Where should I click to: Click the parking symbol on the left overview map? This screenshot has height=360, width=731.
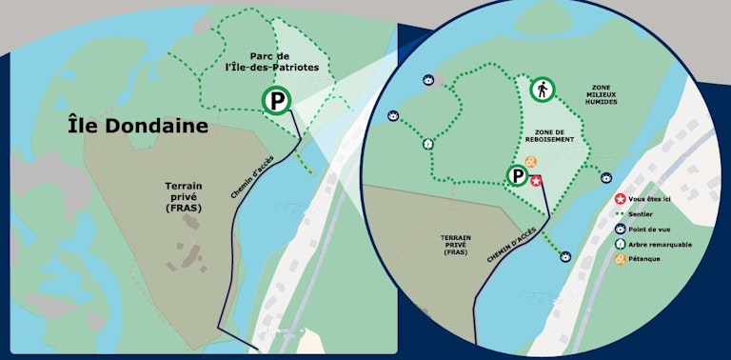tap(277, 99)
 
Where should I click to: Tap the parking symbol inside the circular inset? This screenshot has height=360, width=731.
tap(517, 176)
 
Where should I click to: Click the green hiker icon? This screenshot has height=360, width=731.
tap(543, 90)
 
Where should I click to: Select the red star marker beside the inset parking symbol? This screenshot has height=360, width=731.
tap(536, 180)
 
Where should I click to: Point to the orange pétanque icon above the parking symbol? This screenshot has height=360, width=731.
tap(530, 161)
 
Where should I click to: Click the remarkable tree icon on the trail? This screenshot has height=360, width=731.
tap(428, 144)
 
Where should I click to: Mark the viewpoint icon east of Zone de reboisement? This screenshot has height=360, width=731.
tap(605, 176)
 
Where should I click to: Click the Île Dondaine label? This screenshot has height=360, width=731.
tap(137, 125)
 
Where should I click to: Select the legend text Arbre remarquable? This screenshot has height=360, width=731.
tap(661, 244)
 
